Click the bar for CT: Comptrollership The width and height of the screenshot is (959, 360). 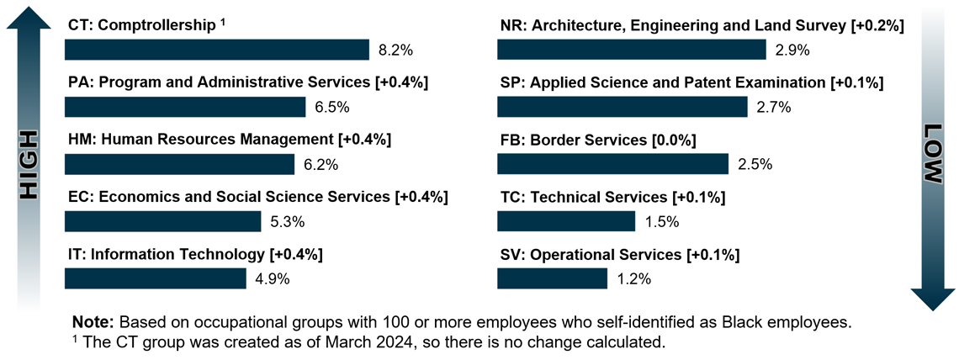point(217,50)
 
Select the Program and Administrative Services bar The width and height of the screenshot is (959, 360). point(185,107)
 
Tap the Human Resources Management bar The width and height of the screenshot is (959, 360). point(179,164)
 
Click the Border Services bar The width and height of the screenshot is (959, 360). point(612,164)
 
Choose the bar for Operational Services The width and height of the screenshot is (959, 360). point(552,278)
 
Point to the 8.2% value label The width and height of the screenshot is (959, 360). point(395,50)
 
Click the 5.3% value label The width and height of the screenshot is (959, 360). point(287,222)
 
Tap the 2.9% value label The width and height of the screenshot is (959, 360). point(792,50)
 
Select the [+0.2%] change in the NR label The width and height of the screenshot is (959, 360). point(879,25)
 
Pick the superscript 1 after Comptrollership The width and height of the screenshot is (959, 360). point(223,22)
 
